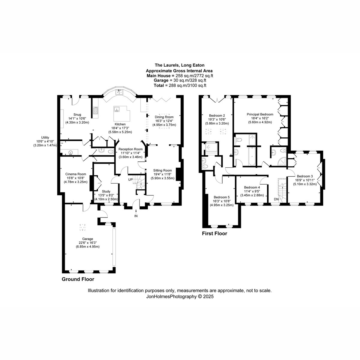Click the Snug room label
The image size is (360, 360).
[77, 115]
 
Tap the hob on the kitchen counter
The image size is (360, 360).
[95, 110]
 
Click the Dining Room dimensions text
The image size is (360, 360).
[164, 123]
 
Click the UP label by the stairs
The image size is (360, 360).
[130, 179]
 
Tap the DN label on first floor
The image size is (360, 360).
[276, 199]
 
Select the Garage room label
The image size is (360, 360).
[88, 239]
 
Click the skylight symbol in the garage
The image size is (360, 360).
[82, 228]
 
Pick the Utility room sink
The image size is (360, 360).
[70, 153]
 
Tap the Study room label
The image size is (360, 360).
[106, 191]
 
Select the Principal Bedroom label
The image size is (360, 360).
[260, 114]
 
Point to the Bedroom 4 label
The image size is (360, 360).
[252, 187]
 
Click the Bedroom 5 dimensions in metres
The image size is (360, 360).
[222, 205]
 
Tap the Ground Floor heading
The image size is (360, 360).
[78, 279]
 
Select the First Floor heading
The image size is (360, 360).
[214, 233]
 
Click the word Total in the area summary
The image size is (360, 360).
[158, 85]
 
